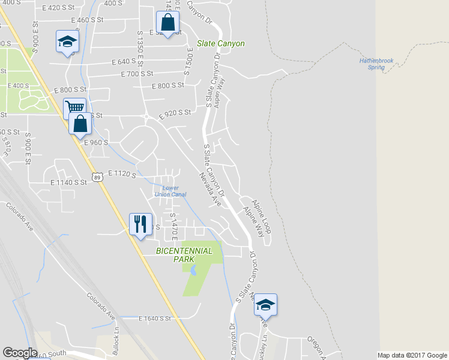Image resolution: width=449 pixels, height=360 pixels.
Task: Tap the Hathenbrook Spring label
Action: pos(376,64)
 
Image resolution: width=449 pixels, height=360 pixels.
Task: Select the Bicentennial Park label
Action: pos(184,255)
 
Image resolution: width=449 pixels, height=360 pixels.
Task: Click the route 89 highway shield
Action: pos(97,175)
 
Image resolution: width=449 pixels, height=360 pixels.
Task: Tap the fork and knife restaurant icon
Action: pos(140,224)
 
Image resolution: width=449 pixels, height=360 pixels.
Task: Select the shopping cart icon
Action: pos(74,108)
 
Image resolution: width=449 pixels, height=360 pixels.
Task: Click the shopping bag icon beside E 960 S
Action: pos(80,124)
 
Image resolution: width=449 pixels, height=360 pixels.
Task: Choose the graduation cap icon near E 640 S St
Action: pos(67,41)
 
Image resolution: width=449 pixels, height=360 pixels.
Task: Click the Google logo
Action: pos(20,353)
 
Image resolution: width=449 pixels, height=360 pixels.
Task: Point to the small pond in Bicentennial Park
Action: pos(192,271)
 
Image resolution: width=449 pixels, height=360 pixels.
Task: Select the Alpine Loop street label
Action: pos(261,209)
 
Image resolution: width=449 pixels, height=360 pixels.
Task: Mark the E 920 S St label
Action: pos(175,113)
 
